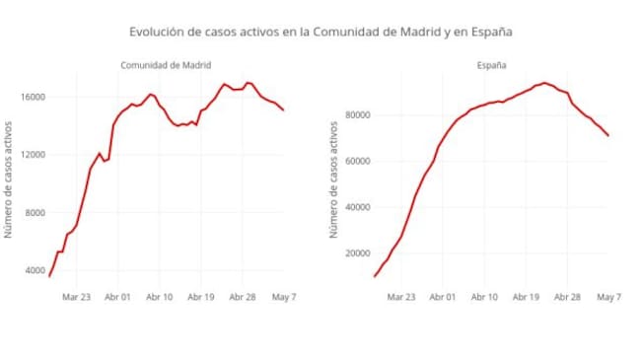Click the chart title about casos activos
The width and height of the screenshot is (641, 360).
tap(320, 32)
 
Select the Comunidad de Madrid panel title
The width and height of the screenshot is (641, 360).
tap(166, 65)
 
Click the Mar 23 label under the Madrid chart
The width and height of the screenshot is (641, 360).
tap(76, 295)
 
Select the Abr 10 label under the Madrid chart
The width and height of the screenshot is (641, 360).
tap(159, 295)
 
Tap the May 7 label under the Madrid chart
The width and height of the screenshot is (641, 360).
tap(284, 295)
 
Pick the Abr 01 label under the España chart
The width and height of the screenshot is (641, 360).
tap(443, 295)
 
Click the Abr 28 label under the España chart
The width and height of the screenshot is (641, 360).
tap(568, 295)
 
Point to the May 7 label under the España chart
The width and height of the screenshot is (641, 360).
tap(609, 295)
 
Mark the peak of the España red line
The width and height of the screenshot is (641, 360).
tap(544, 83)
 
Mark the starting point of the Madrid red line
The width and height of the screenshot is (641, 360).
tap(48, 276)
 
